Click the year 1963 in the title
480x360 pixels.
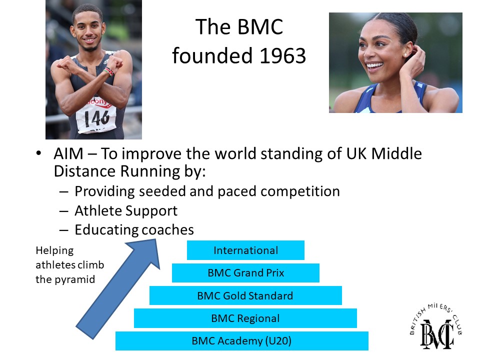pos(283,55)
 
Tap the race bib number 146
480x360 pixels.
pos(96,118)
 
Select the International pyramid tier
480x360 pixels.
pos(245,250)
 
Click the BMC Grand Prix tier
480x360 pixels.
pos(245,273)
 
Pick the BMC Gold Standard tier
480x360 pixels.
pos(245,295)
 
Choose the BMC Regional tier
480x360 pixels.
pos(245,318)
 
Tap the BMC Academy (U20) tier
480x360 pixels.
pos(242,340)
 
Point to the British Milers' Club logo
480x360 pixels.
pos(436,326)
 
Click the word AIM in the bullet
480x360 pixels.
pos(68,153)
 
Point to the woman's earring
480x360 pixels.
pos(406,55)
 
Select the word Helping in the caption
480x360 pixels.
pos(54,250)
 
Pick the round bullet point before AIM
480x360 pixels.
pos(38,153)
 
